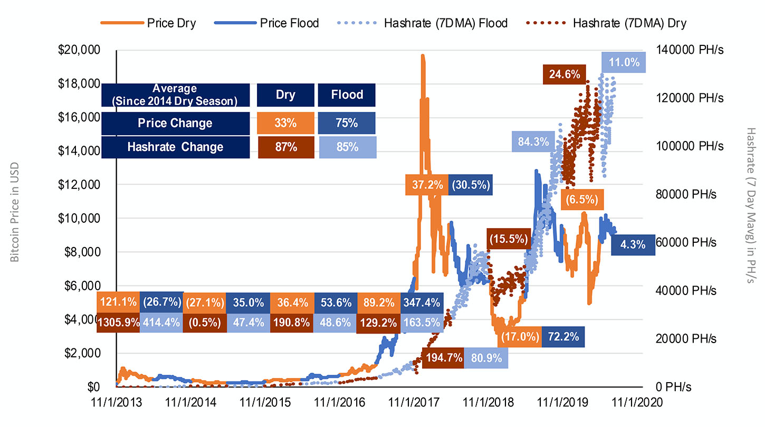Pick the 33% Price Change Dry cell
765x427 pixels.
point(285,123)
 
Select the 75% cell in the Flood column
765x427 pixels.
point(347,123)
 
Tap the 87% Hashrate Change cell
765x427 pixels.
point(285,147)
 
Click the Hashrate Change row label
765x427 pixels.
point(175,147)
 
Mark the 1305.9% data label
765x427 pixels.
point(118,322)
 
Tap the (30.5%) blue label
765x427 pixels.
point(471,185)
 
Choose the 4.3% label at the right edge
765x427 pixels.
point(633,245)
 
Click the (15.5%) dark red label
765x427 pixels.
point(508,239)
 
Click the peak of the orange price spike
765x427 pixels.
point(422,55)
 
